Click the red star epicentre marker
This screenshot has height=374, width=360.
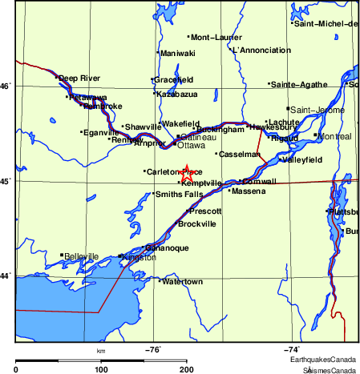(186, 173)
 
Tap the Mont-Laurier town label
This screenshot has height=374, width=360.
(216, 37)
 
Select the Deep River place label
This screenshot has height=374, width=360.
(79, 78)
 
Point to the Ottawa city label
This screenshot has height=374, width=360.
(191, 146)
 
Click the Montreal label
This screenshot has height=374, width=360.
(334, 136)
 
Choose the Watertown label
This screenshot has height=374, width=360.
(183, 282)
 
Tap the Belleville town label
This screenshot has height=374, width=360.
(82, 256)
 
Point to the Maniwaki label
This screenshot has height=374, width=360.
(178, 53)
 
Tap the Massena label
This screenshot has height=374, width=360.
(249, 191)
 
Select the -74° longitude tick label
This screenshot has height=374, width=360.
(292, 349)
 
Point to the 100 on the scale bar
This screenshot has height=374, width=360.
(102, 369)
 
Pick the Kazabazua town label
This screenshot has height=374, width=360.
(177, 94)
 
